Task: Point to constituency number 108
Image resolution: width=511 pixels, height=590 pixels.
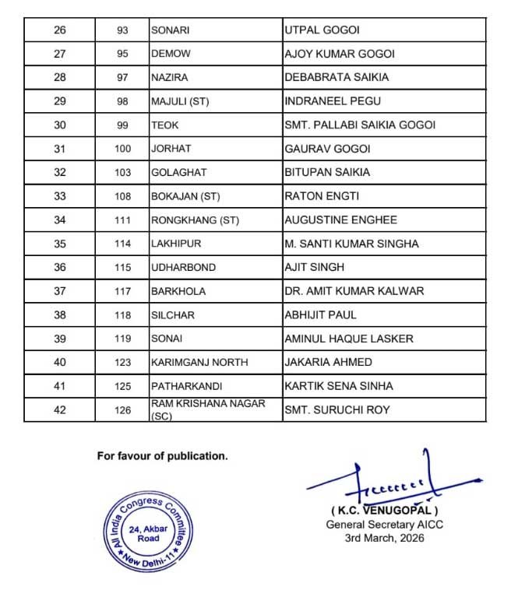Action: coord(122,195)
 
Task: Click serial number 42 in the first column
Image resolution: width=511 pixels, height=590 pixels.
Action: coord(59,409)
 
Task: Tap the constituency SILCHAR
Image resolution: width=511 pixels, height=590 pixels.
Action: coord(172,314)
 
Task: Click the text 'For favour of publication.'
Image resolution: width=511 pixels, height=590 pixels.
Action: coord(162,456)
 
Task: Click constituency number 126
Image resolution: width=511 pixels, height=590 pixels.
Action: coord(122,409)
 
